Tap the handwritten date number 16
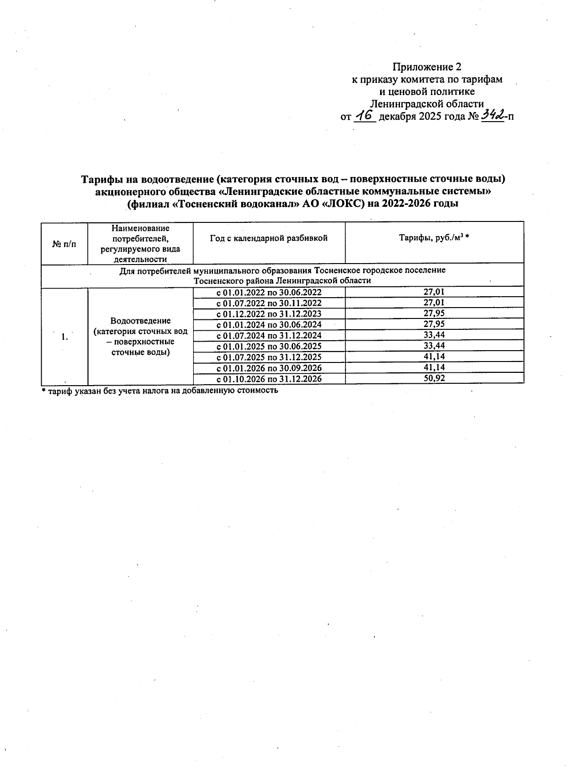[364, 115]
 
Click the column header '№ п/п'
[64, 244]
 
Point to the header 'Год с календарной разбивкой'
[268, 238]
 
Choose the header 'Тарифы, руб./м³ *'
[434, 238]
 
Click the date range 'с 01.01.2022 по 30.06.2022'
[268, 292]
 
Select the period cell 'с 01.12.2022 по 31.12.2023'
[268, 314]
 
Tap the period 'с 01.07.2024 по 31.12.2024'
[268, 335]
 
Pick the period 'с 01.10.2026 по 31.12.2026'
[268, 379]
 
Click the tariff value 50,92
[434, 378]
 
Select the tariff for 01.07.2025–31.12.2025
[434, 356]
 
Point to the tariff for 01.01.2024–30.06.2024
[434, 324]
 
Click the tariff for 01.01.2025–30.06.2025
[434, 346]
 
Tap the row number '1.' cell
[64, 337]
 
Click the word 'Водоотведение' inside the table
[140, 321]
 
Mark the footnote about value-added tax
[160, 391]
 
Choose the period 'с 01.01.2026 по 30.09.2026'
[268, 368]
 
